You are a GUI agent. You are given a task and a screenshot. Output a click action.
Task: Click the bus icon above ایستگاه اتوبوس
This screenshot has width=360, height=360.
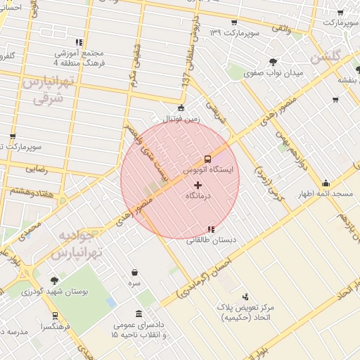[x=207, y=159]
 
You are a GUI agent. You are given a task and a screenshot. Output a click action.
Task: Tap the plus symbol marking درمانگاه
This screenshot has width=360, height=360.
[x=197, y=184]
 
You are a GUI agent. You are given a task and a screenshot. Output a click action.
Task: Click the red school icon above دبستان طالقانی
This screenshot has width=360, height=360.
[x=211, y=229]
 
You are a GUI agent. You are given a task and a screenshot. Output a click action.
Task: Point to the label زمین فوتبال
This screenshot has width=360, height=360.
[x=181, y=119]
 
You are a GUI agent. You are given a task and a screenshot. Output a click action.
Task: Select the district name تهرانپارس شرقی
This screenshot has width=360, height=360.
[x=47, y=91]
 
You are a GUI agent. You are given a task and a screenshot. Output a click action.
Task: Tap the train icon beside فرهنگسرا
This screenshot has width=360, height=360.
[x=55, y=316]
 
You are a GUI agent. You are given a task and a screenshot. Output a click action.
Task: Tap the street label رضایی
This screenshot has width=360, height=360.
[x=37, y=169]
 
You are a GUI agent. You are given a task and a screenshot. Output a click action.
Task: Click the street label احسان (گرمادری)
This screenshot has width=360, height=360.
[x=211, y=276]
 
